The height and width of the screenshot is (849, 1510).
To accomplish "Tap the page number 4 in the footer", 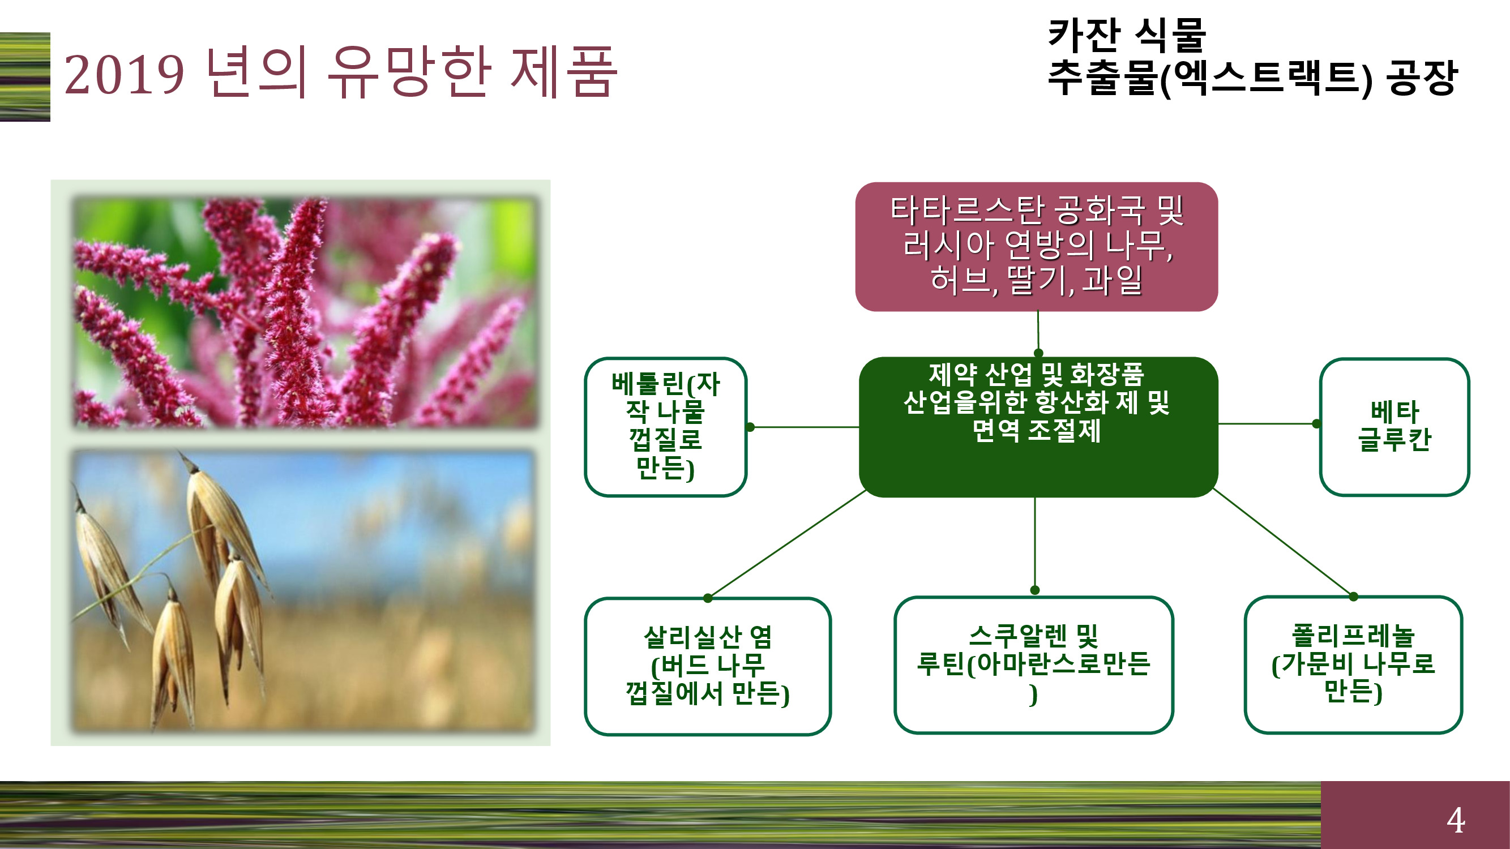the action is click(x=1456, y=820).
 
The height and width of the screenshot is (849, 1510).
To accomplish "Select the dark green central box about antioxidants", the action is click(x=1038, y=427).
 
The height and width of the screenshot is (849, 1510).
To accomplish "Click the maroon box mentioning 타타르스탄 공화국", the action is click(x=1036, y=247).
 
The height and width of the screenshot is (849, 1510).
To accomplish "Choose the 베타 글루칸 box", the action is click(x=1394, y=427).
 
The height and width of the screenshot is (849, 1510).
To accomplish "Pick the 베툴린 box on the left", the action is click(x=665, y=427).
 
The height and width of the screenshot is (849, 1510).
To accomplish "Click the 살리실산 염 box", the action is click(x=708, y=666).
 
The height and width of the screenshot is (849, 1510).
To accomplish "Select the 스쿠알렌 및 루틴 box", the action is click(x=1033, y=664).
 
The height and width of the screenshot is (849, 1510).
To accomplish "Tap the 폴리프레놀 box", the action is click(x=1353, y=664).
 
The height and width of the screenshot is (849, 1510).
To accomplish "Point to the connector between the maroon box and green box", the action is click(x=1038, y=332).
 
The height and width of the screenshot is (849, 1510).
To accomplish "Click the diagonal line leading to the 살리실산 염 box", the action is click(x=786, y=544).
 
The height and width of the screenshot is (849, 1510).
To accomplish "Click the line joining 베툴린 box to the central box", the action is click(x=804, y=427).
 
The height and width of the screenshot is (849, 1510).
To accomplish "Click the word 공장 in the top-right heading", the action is click(x=1422, y=78).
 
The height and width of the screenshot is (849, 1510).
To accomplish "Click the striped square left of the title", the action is click(x=25, y=77).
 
